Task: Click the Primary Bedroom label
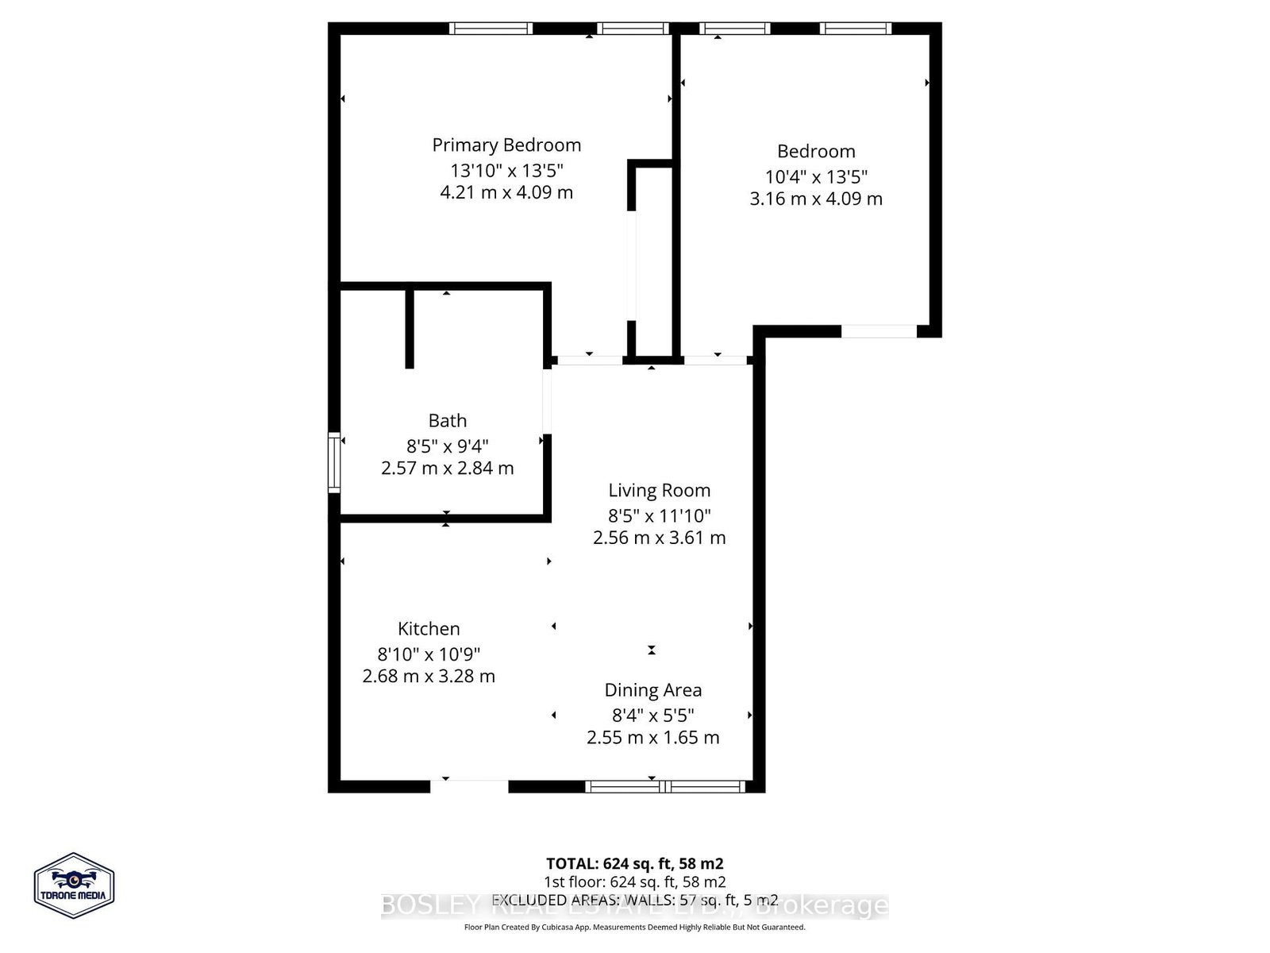pos(506,145)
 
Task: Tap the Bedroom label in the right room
pos(816,152)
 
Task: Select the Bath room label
pos(448,421)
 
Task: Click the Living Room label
pos(659,491)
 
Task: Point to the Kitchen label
pos(429,629)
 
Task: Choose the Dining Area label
pos(652,690)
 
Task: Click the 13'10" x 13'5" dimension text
pos(506,170)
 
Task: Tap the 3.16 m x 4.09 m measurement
pos(816,199)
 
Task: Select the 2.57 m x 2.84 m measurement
pos(448,469)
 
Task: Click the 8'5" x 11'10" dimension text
pos(659,515)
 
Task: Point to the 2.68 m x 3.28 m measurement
pos(429,677)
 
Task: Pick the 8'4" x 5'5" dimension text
pos(652,715)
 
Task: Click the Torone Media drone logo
pos(74,885)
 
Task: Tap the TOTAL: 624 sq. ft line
pos(634,863)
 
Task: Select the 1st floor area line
pos(634,882)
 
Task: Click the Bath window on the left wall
pos(334,462)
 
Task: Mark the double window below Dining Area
pos(665,786)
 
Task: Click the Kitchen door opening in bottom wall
pos(469,786)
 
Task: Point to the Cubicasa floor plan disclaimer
pos(634,927)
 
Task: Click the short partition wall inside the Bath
pos(410,328)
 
